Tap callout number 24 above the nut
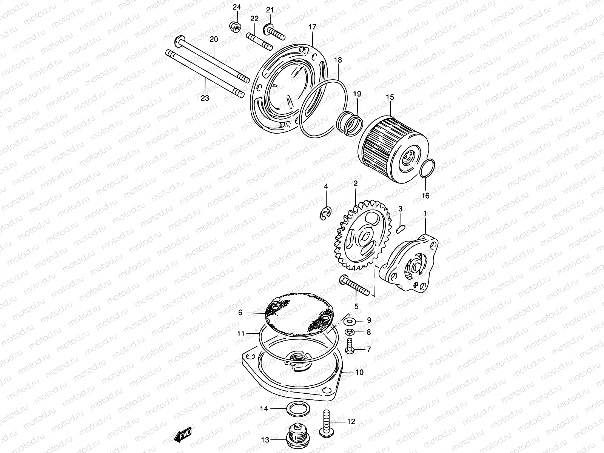coord(236,7)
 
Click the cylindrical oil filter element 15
coord(393,145)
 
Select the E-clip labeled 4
coord(324,213)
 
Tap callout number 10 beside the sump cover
coord(359,373)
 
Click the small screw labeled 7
coord(349,346)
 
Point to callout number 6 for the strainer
coord(240,313)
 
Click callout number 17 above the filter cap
coord(312,27)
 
